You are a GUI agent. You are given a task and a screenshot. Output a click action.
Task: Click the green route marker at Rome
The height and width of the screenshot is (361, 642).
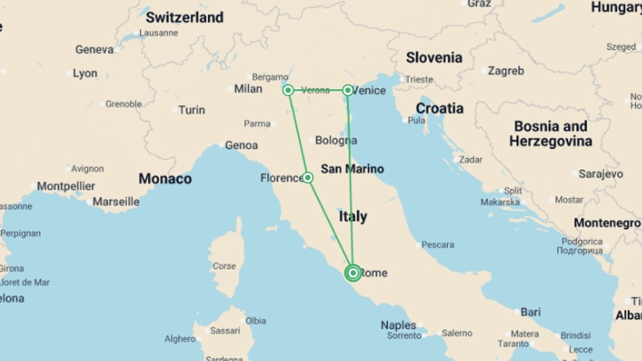pyautogui.click(x=353, y=273)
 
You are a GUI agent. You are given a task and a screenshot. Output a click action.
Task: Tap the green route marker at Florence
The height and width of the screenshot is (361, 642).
pyautogui.click(x=308, y=177)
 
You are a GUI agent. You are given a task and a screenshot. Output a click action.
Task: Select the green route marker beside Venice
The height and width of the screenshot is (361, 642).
pyautogui.click(x=348, y=90)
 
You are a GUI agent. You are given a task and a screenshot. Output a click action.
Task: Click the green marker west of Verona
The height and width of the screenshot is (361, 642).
pyautogui.click(x=288, y=90)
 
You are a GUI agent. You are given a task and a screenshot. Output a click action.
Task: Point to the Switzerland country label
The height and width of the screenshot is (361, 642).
pyautogui.click(x=185, y=17)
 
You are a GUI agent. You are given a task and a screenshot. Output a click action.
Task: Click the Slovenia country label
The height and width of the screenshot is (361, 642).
pyautogui.click(x=434, y=57)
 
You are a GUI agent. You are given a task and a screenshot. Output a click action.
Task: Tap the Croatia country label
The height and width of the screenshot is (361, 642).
pyautogui.click(x=439, y=108)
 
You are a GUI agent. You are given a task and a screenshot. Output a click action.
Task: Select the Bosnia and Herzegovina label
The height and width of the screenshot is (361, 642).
pyautogui.click(x=551, y=134)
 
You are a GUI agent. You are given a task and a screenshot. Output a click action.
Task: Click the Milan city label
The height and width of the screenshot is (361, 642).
pyautogui.click(x=248, y=89)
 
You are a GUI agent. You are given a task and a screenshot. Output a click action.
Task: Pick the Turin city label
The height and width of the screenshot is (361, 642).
pyautogui.click(x=192, y=110)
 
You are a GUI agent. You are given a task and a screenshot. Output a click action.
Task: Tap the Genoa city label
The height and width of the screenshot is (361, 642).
pyautogui.click(x=241, y=145)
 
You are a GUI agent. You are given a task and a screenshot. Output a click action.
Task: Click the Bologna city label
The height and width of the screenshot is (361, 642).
pyautogui.click(x=336, y=140)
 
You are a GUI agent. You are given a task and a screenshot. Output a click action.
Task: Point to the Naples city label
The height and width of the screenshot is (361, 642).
pyautogui.click(x=398, y=325)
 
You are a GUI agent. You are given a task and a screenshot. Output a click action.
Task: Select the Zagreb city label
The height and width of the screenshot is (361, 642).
pyautogui.click(x=506, y=71)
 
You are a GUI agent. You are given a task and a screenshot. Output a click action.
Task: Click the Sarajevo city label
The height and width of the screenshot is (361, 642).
pyautogui.click(x=601, y=174)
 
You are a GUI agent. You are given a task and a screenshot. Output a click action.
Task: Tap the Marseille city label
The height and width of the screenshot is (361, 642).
pyautogui.click(x=116, y=202)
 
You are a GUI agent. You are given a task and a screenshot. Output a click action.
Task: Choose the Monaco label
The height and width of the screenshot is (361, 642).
pyautogui.click(x=165, y=179)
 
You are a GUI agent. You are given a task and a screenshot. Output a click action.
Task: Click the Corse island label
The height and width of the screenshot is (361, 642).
pyautogui.click(x=224, y=266)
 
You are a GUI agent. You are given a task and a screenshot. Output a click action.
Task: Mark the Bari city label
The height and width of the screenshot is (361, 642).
pyautogui.click(x=530, y=312)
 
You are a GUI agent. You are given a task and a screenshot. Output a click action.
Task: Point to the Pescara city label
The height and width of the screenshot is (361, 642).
pyautogui.click(x=437, y=245)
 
